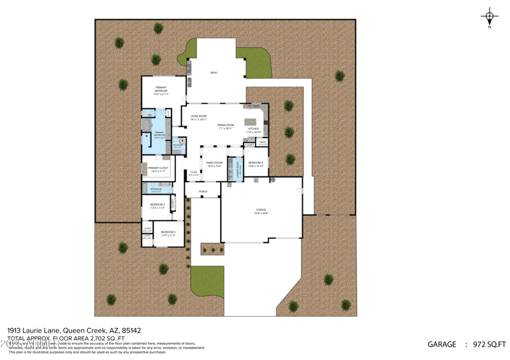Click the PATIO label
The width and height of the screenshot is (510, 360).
214,73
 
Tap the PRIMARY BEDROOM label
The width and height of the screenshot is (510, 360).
161,89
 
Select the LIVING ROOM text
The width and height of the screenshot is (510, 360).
198,117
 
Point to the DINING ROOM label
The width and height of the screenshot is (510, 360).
226,126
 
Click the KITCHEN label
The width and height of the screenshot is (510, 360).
253,129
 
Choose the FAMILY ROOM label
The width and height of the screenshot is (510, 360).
214,163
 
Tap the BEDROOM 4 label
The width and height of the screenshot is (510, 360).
255,163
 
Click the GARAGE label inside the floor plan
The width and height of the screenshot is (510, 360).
261,210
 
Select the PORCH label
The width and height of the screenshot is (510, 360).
203,191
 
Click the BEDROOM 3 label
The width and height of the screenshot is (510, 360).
168,232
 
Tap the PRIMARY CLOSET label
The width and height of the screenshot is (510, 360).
158,168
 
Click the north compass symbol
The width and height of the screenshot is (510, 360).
489,17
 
